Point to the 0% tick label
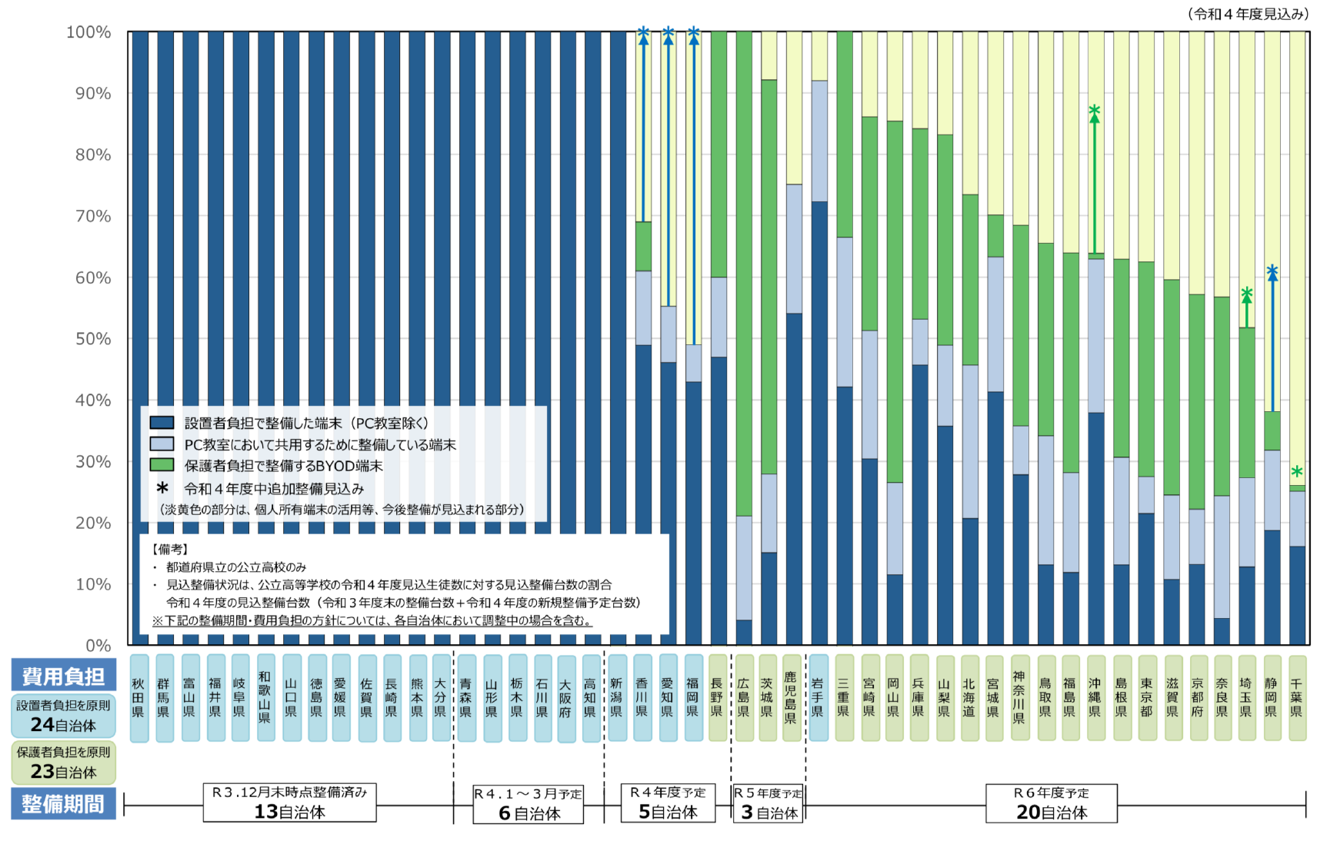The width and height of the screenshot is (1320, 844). click(98, 645)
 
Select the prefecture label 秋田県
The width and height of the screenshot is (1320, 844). click(138, 697)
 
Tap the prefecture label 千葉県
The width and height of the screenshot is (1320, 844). click(1296, 697)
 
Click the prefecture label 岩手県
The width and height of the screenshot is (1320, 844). click(818, 697)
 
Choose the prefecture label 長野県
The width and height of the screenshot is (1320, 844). click(717, 697)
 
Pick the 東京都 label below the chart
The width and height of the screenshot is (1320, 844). click(1146, 697)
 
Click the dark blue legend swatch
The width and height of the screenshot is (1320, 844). click(162, 423)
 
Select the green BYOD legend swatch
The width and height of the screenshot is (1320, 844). click(162, 465)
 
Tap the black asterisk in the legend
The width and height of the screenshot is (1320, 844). click(162, 488)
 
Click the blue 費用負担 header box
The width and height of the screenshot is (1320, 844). click(64, 676)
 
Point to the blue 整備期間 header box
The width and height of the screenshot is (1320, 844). click(64, 804)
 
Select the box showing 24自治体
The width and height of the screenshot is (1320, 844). click(64, 716)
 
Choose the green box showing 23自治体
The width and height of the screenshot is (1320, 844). click(64, 763)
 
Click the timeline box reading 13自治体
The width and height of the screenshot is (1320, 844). click(289, 803)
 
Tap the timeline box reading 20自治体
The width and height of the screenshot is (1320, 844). click(1051, 804)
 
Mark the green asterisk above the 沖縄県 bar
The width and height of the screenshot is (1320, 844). click(1095, 111)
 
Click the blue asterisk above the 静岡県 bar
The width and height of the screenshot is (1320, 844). click(1272, 271)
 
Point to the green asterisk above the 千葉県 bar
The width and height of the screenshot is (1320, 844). click(1297, 471)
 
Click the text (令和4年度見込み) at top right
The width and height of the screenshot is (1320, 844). click(1248, 14)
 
